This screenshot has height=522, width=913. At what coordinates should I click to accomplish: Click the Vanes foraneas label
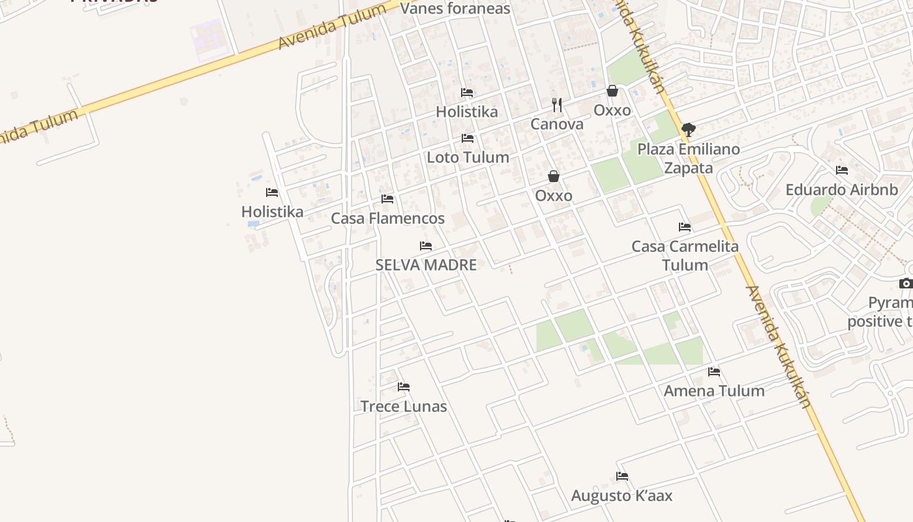click(x=455, y=8)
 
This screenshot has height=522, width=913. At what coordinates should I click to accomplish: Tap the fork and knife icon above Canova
click(x=557, y=105)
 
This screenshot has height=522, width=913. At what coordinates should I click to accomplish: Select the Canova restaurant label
click(x=557, y=124)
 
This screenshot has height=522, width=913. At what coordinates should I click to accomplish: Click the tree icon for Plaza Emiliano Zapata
click(x=689, y=130)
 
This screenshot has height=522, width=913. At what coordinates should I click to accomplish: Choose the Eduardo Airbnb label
click(x=841, y=190)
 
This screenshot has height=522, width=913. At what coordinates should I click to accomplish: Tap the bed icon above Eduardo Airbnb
click(x=842, y=171)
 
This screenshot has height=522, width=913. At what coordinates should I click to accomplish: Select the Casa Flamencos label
click(x=388, y=219)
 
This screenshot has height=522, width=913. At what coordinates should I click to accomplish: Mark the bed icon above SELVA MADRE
click(x=426, y=246)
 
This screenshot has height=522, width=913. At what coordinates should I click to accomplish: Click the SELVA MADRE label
click(x=426, y=265)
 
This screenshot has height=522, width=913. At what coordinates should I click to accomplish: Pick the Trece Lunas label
click(x=404, y=407)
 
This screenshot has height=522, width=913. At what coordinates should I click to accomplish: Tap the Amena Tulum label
click(x=714, y=391)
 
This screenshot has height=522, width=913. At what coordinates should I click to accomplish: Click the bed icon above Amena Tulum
click(x=714, y=372)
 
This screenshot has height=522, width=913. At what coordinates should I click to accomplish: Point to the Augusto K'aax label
click(x=621, y=496)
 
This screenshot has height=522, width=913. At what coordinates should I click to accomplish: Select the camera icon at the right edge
click(x=906, y=283)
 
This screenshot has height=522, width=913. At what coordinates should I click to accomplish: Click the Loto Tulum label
click(x=468, y=157)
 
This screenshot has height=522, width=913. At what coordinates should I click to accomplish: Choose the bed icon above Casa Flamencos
click(x=387, y=199)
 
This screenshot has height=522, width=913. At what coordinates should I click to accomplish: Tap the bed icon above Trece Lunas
click(x=404, y=387)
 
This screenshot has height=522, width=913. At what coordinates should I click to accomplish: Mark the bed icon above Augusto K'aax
click(x=622, y=476)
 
